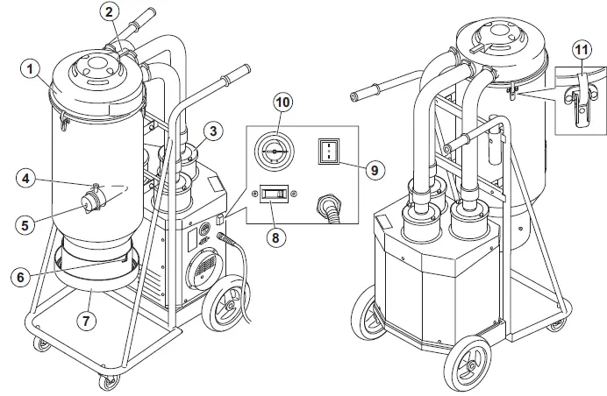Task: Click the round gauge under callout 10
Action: [x=275, y=150]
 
